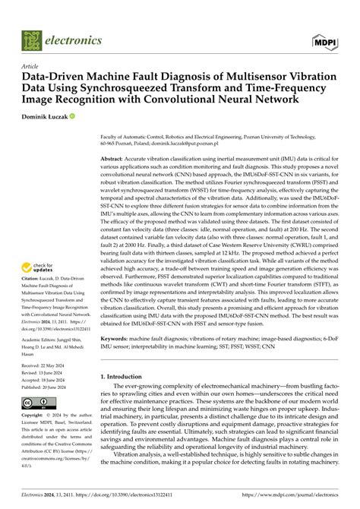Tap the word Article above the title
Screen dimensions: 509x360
[31, 66]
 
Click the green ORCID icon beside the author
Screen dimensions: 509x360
[73, 116]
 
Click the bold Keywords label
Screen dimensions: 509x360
[115, 359]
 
